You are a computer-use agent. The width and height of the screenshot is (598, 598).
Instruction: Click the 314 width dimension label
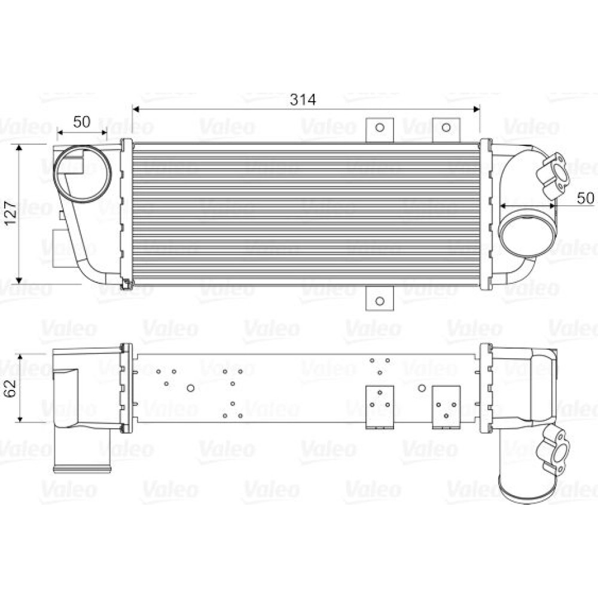coord(303,99)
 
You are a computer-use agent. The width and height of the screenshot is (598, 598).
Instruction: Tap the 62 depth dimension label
coord(11,388)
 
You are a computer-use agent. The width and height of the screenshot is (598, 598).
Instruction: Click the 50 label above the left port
coord(81,121)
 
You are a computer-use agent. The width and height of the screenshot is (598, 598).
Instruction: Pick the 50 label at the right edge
coord(585,198)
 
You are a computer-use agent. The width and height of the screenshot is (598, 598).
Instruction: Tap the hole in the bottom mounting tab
coord(380,301)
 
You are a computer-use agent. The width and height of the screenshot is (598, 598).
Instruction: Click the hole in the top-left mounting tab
coord(380,127)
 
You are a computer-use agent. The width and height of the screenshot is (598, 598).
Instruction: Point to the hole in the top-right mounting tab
coord(446,127)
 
